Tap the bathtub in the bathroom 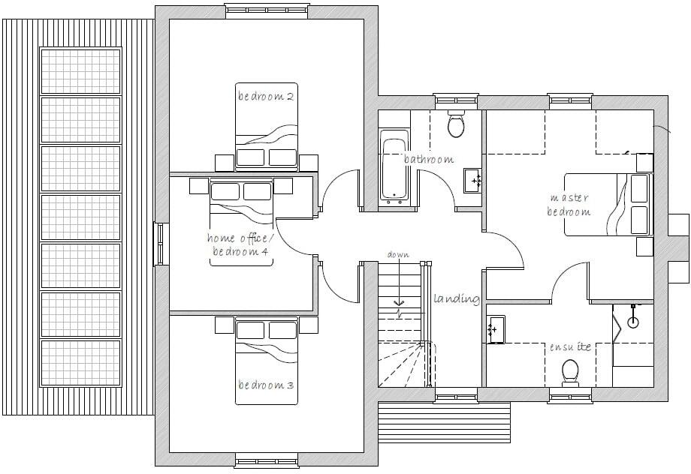[394, 167]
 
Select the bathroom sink [472, 181]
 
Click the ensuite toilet [570, 373]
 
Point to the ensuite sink [496, 328]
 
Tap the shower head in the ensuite [633, 321]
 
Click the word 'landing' [457, 298]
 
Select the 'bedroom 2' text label [266, 96]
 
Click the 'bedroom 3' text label [266, 385]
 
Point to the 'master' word [569, 197]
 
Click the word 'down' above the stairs [398, 254]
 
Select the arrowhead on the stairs [400, 303]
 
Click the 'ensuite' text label [570, 346]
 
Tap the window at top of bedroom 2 [267, 11]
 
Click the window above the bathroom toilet [456, 101]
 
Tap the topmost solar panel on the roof [80, 71]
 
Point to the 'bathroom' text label [429, 159]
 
